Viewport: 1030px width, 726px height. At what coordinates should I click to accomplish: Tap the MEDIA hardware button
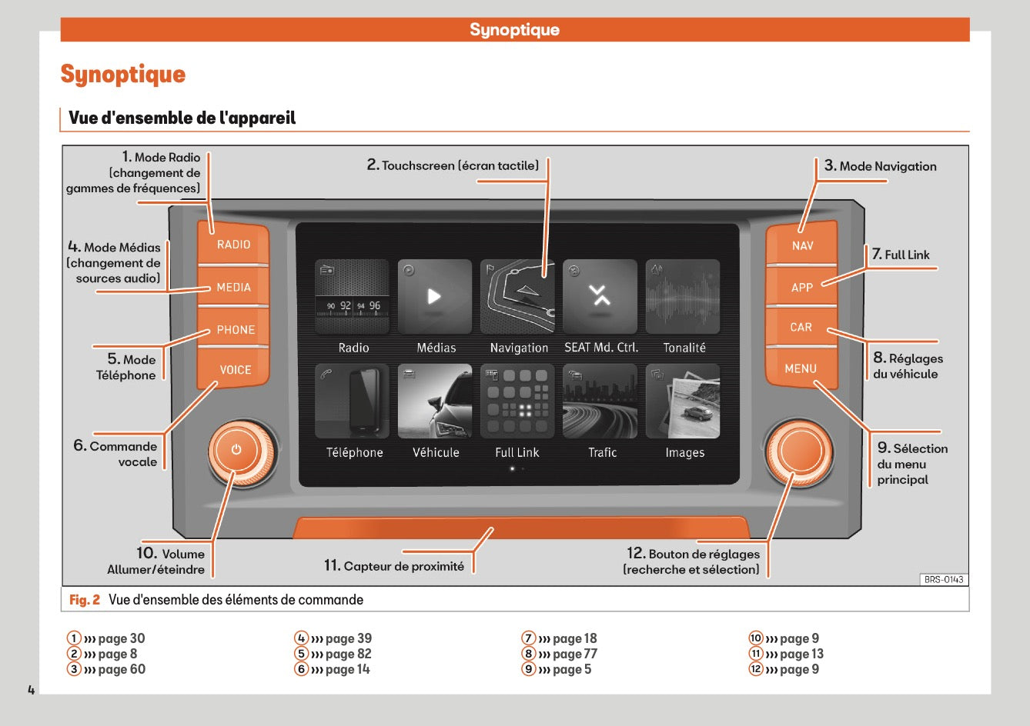(x=233, y=287)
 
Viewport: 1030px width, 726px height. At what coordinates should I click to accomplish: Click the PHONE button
(x=235, y=329)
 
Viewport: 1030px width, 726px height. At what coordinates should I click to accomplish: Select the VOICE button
(x=235, y=370)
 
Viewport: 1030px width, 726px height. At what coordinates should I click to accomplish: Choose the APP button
(x=801, y=287)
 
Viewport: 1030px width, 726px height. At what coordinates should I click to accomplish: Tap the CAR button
(x=801, y=328)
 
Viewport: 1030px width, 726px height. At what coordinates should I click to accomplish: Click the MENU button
(x=801, y=368)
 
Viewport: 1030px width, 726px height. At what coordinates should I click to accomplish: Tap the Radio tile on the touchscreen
(x=353, y=297)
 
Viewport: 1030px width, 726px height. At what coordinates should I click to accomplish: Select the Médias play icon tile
(x=435, y=297)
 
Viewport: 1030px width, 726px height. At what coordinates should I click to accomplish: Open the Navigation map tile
(x=518, y=297)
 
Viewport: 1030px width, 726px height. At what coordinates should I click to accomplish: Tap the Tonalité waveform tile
(x=684, y=297)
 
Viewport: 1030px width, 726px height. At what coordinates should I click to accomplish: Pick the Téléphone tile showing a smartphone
(x=353, y=401)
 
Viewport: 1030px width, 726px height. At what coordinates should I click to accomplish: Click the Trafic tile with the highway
(x=600, y=401)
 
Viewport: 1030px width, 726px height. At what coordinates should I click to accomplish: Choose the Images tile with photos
(x=684, y=401)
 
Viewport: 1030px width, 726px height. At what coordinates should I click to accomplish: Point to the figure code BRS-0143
(x=944, y=580)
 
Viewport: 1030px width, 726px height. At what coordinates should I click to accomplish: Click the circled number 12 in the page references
(x=756, y=669)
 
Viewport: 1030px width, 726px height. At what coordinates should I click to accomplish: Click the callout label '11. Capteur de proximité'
(x=394, y=566)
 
